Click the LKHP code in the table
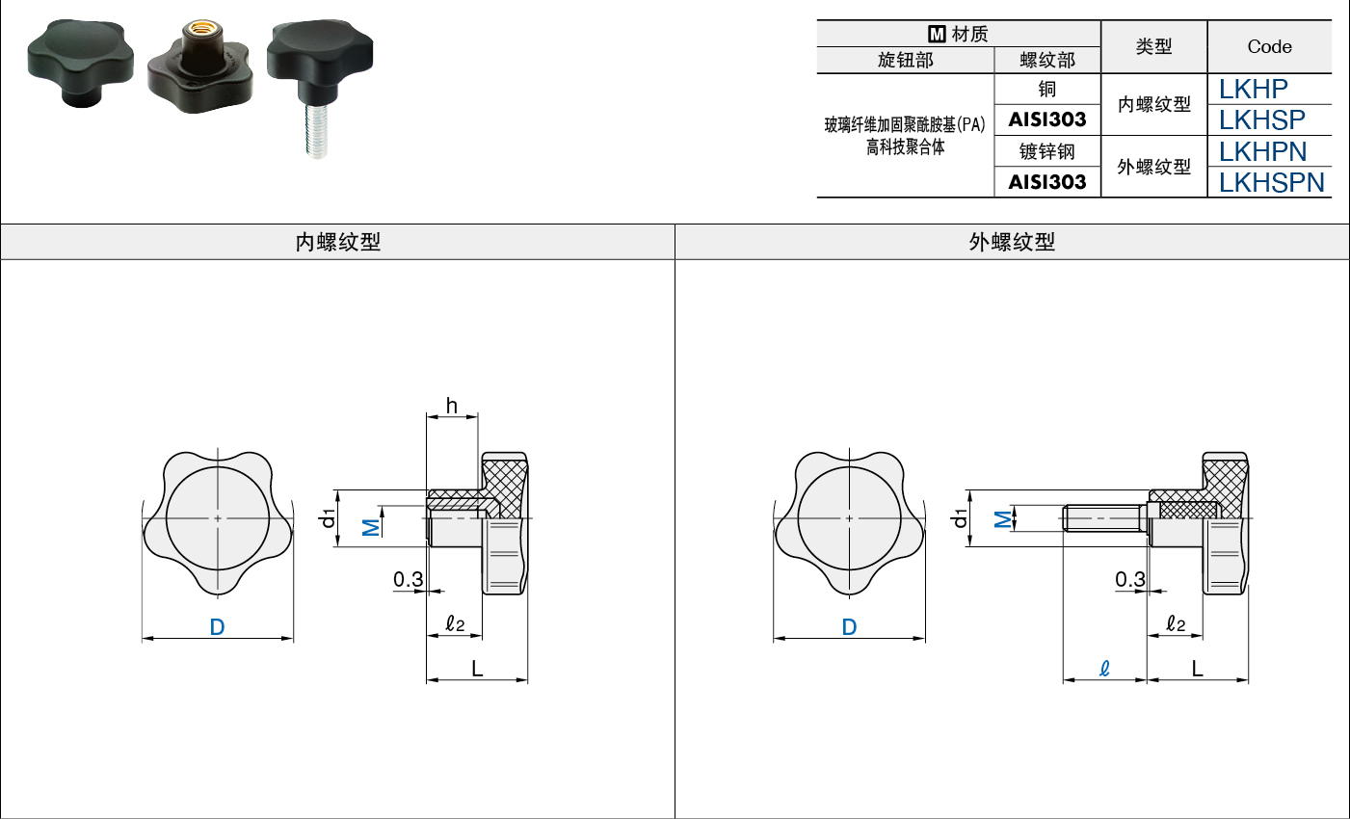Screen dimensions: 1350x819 click(1253, 90)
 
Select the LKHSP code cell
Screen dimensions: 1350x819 click(1261, 119)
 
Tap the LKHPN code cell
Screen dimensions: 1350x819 click(1262, 151)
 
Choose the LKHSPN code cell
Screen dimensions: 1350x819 click(1271, 182)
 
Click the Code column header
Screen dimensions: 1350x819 click(1269, 46)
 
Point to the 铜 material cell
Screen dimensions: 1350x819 click(1046, 90)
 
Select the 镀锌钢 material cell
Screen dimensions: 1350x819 click(1046, 151)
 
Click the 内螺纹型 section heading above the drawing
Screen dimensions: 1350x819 click(337, 242)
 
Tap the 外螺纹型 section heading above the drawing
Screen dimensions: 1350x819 click(1011, 242)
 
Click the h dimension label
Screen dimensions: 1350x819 click(451, 406)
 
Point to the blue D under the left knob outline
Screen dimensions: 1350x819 click(217, 627)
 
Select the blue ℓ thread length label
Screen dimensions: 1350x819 click(1104, 669)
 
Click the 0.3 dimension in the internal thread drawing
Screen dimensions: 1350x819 click(408, 579)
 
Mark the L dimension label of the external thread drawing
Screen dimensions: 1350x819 click(1197, 669)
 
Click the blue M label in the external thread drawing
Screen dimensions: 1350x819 click(1003, 519)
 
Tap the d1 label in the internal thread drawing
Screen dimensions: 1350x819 click(328, 518)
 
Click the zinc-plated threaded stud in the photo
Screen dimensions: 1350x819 click(316, 130)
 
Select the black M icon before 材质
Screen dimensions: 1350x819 click(937, 34)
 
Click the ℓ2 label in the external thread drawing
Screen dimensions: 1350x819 click(1176, 623)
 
